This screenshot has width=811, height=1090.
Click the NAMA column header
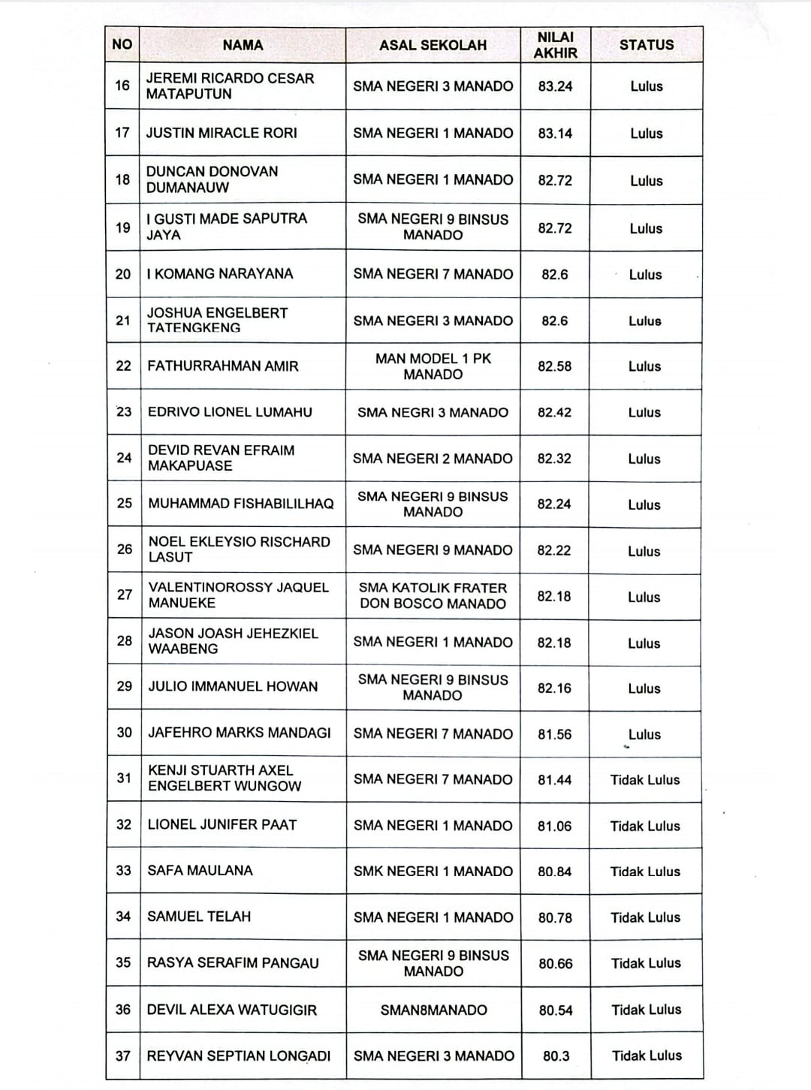[x=243, y=45]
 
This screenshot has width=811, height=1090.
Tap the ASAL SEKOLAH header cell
[x=433, y=45]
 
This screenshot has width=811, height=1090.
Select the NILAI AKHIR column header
[x=556, y=45]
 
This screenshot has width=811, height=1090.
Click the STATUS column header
[x=647, y=45]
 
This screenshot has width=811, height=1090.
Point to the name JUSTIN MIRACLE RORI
[x=222, y=133]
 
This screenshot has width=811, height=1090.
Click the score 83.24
[x=555, y=86]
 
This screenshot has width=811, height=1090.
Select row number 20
[x=123, y=274]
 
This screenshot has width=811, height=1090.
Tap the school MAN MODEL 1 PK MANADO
[x=433, y=366]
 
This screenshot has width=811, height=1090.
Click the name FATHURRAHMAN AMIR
[x=223, y=366]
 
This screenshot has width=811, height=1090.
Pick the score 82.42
[x=554, y=412]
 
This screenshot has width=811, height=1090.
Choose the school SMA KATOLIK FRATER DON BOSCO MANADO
[x=433, y=596]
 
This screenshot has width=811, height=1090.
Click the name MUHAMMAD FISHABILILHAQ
[x=241, y=504]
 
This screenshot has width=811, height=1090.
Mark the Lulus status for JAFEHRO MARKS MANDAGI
[x=644, y=734]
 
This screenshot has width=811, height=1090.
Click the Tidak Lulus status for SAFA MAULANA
[x=645, y=872]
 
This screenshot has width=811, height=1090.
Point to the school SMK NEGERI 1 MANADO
[x=433, y=872]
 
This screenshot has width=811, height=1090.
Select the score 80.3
[x=556, y=1055]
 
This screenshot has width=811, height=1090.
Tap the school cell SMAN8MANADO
[x=433, y=1010]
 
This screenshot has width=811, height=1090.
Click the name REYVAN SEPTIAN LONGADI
[x=239, y=1055]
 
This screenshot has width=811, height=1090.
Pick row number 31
[x=124, y=778]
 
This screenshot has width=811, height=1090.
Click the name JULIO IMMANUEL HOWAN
[x=233, y=686]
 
